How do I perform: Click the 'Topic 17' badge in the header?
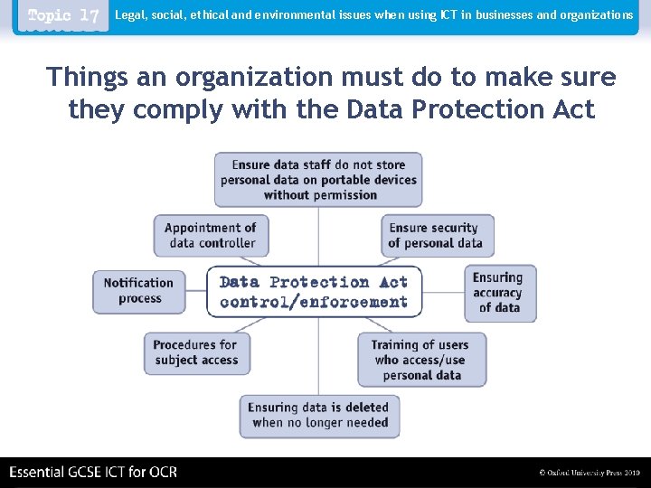(63, 16)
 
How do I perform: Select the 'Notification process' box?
(138, 291)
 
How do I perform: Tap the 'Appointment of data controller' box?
(210, 235)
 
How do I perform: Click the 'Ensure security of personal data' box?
(436, 235)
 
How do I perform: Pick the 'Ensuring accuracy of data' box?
(498, 292)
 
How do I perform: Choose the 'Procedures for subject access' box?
(195, 352)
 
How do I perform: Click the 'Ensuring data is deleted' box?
(319, 415)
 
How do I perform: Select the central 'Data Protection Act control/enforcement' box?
(314, 291)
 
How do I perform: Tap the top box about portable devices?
(318, 179)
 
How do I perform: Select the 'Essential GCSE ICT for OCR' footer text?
(93, 472)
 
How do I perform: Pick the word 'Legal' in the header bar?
(129, 15)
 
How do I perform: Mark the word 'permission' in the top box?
(320, 194)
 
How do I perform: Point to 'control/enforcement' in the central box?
(313, 302)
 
